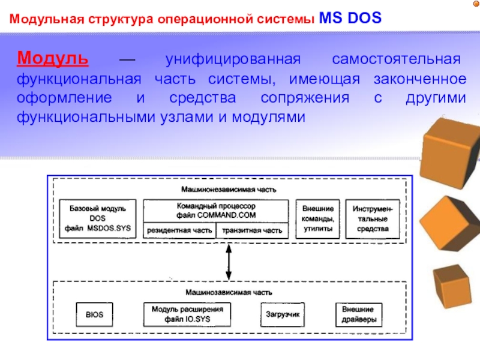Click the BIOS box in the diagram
pos(94,314)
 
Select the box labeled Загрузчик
pos(283,314)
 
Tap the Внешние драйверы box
pos(359,314)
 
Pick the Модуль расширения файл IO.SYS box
pos(187,314)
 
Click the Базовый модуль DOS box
pos(98,218)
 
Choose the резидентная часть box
pos(179,230)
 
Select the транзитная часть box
pos(252,230)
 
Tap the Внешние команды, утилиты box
pos(318,218)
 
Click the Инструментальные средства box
pos(373,218)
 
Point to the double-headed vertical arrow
pos(229,262)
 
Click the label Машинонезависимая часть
pos(229,190)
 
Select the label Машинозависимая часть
pos(229,292)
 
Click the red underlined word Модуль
pos(53,58)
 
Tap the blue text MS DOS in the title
pos(350,18)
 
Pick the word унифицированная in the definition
pos(233,59)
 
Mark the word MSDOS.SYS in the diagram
pos(109,228)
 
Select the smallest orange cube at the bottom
pos(452,287)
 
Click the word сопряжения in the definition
pos(305,98)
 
